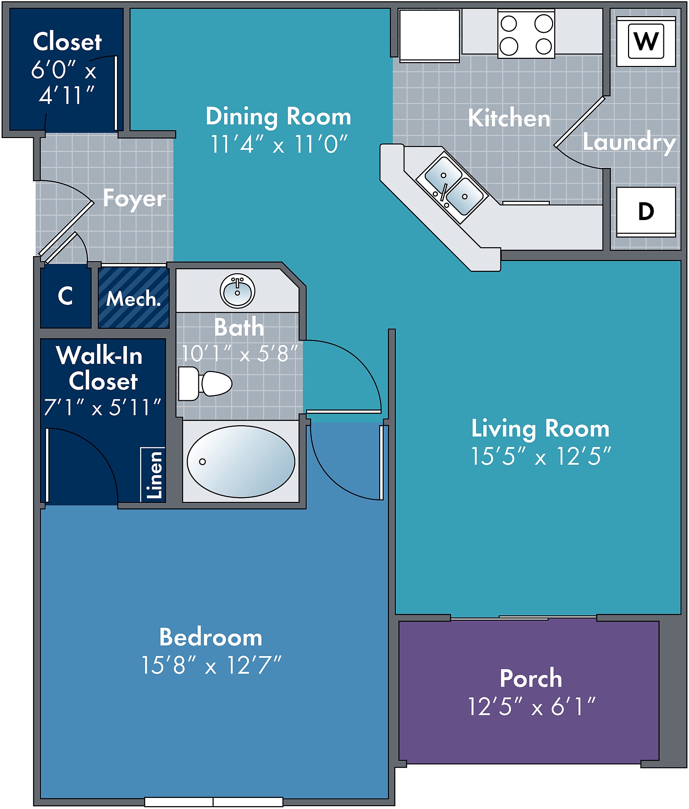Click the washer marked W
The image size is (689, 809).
(646, 41)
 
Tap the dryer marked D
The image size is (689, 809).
(646, 212)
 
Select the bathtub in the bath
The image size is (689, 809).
(241, 462)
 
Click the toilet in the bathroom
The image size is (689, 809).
(205, 383)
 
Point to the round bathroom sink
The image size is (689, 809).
(238, 291)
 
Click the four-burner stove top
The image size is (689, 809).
(526, 34)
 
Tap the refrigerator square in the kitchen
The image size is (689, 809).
(429, 36)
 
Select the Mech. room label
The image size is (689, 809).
(133, 299)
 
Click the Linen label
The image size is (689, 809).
(154, 475)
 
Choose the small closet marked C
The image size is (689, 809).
(66, 296)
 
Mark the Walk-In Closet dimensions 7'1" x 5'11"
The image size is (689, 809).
(102, 407)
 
